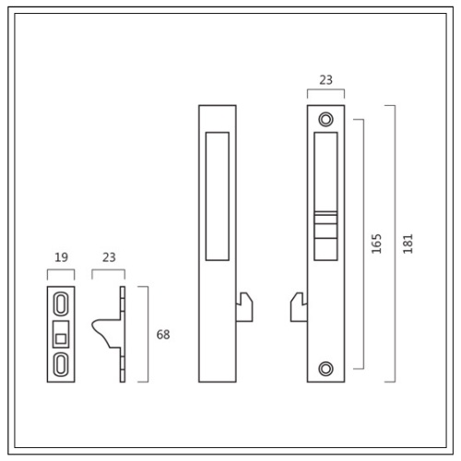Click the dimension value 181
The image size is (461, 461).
(408, 243)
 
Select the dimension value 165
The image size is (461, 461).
(376, 243)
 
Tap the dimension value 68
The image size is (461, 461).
(163, 335)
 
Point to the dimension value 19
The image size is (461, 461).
(61, 257)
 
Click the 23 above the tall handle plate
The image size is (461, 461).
(325, 80)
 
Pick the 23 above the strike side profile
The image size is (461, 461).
(109, 257)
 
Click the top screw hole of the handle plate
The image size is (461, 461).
(325, 119)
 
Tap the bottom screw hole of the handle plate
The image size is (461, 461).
(325, 369)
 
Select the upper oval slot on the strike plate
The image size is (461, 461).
(61, 303)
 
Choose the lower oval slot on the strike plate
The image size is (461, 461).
(61, 364)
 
